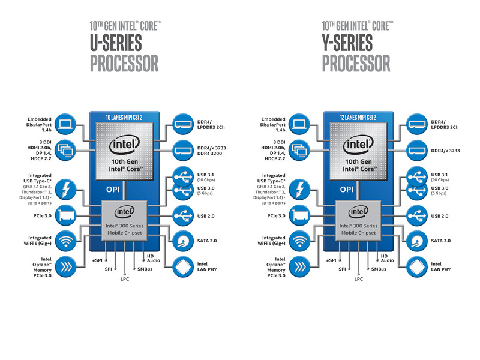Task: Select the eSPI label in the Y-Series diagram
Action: (331, 260)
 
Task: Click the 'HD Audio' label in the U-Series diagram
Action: (152, 257)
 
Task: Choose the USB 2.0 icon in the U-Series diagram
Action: (183, 215)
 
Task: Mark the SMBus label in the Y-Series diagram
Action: (378, 269)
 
